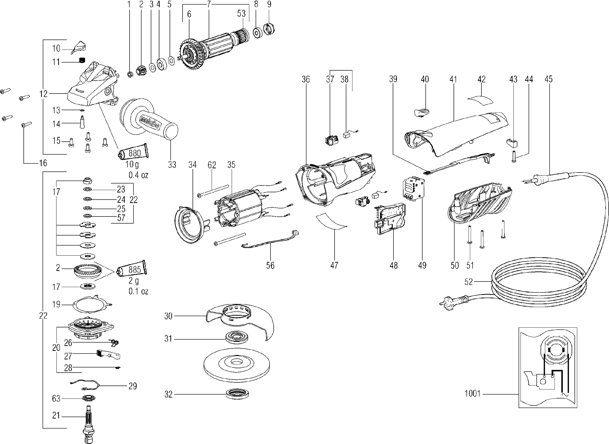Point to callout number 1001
coord(472,394)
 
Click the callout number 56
coord(270,265)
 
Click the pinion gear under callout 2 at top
coord(141,70)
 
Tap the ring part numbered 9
coord(269,29)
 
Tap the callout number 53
coord(241,13)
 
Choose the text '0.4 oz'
coord(138,175)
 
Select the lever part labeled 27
coord(108,355)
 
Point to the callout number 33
coord(172,165)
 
